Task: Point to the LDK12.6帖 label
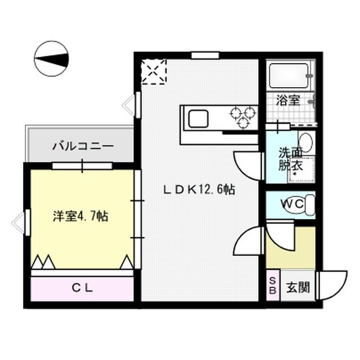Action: click(x=199, y=190)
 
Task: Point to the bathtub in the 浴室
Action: click(x=289, y=74)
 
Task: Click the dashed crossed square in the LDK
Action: click(x=154, y=71)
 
